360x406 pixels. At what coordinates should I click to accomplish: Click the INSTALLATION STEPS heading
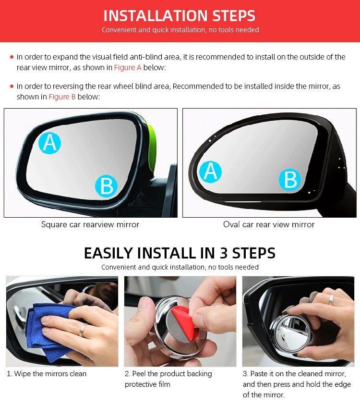pyautogui.click(x=180, y=15)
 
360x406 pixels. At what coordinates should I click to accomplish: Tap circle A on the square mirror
pyautogui.click(x=50, y=142)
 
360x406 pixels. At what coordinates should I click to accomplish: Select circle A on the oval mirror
pyautogui.click(x=210, y=172)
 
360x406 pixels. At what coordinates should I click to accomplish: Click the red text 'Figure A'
pyautogui.click(x=128, y=68)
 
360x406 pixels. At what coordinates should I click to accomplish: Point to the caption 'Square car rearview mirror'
pyautogui.click(x=90, y=224)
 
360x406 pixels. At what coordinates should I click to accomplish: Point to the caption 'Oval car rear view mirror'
pyautogui.click(x=269, y=224)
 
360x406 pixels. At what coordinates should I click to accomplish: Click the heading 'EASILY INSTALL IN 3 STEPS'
pyautogui.click(x=180, y=253)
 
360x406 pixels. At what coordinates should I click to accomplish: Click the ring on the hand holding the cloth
pyautogui.click(x=84, y=329)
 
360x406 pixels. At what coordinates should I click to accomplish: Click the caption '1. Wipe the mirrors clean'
pyautogui.click(x=47, y=374)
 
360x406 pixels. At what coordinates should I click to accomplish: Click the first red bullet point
pyautogui.click(x=12, y=57)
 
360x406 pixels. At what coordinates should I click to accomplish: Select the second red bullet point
pyautogui.click(x=12, y=86)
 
